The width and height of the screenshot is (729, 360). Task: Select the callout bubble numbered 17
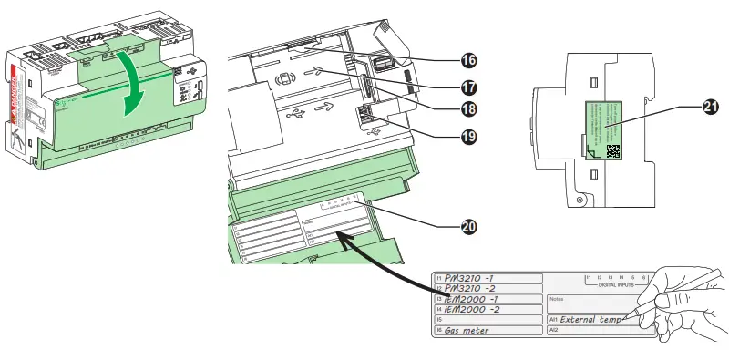point(468,88)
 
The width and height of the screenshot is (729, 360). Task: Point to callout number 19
point(468,138)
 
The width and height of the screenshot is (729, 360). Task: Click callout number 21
point(710,107)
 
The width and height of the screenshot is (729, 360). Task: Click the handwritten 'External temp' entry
point(590,320)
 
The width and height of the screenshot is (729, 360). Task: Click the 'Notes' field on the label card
point(558,299)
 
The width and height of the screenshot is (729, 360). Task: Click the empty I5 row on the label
point(483,320)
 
